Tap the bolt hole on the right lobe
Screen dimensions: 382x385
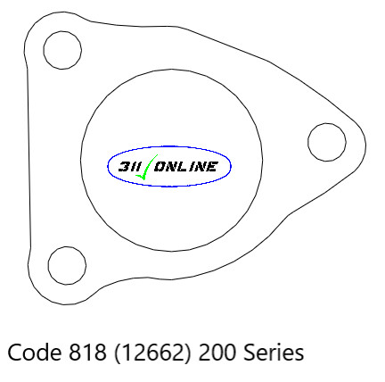tap(326, 140)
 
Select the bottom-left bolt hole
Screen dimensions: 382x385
tap(67, 264)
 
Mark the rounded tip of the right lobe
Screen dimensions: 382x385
tap(365, 143)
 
